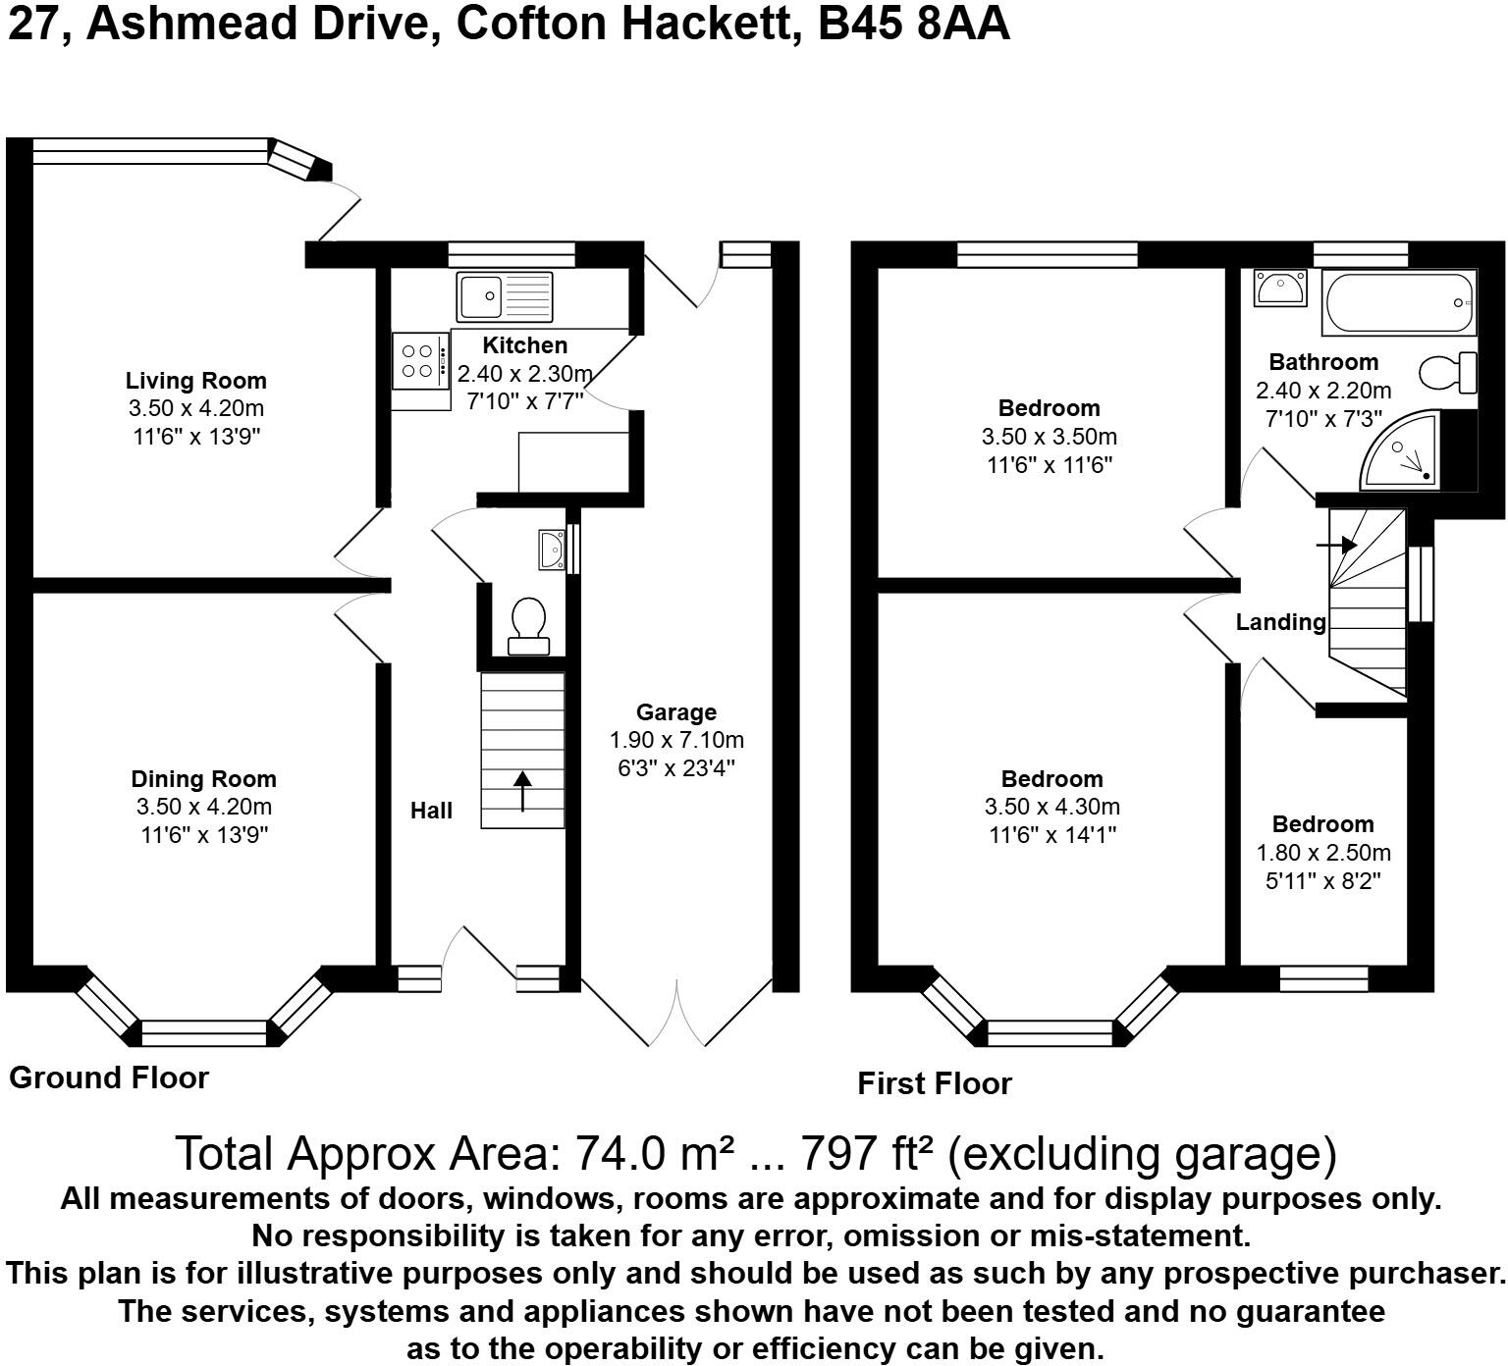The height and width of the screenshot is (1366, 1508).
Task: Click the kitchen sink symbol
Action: click(x=504, y=295)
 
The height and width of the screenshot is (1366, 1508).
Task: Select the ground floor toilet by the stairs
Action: click(x=528, y=625)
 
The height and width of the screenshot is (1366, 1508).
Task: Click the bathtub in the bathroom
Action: click(x=1398, y=303)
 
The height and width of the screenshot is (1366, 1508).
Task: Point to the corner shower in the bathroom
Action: click(x=1405, y=454)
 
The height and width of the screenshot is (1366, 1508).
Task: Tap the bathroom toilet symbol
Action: click(x=1448, y=373)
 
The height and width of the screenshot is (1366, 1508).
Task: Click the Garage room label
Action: click(x=675, y=712)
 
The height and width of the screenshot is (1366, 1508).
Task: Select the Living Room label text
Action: click(x=195, y=381)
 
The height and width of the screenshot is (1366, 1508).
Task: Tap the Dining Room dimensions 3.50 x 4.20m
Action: click(x=203, y=807)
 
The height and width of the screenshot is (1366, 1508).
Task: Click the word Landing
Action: click(x=1280, y=622)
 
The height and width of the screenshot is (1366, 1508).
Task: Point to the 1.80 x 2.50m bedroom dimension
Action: click(x=1322, y=853)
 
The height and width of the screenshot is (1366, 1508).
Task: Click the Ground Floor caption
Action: click(x=109, y=1077)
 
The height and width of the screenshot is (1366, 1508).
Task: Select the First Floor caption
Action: click(x=934, y=1083)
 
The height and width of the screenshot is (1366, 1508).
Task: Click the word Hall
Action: click(x=431, y=811)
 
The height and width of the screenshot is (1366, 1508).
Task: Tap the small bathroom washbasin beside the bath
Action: click(x=1279, y=289)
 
